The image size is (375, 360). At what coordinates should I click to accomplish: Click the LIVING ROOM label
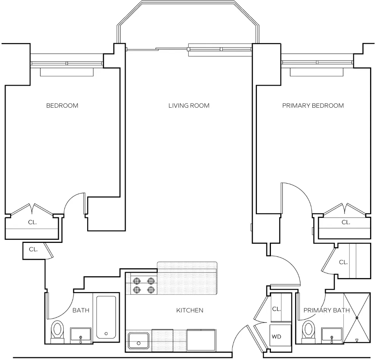pos(189,106)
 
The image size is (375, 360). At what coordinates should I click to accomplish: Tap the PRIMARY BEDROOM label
pos(313,106)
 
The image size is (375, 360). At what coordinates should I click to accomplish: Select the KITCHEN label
pos(190,311)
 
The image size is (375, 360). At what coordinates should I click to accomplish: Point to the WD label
pos(276,337)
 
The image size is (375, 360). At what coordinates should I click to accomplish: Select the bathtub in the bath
pos(106,317)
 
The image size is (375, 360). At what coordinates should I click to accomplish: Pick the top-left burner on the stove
pos(137,281)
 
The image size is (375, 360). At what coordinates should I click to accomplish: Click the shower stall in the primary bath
pos(357,318)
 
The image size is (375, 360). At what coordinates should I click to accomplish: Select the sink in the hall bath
pos(81,336)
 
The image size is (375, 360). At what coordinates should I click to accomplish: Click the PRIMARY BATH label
pos(326,311)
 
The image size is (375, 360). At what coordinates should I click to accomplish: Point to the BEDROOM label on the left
pos(62,106)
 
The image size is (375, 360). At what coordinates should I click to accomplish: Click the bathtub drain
pos(106,334)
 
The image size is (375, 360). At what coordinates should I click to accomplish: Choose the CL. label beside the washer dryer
pos(276,309)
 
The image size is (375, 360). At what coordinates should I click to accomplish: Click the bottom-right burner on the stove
pos(151,290)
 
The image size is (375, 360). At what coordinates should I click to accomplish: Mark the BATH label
pos(81,311)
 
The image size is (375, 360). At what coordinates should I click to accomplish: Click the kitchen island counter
pos(187,278)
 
